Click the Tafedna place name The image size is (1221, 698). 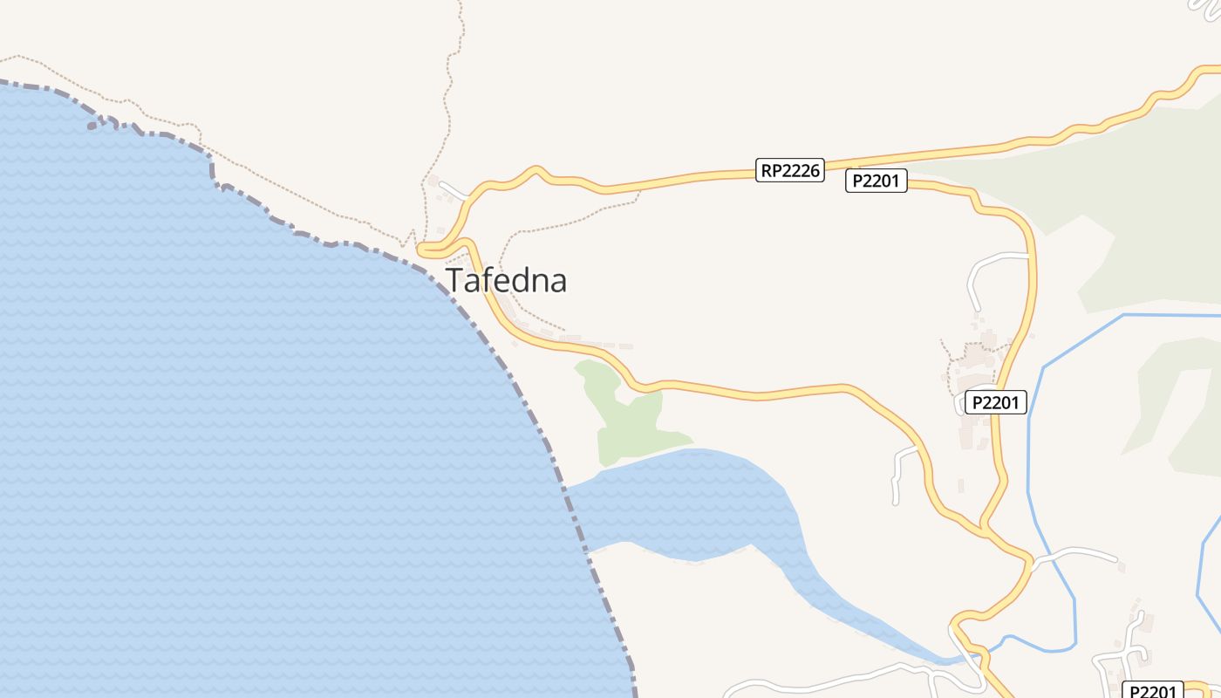pyautogui.click(x=507, y=280)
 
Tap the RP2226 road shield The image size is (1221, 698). pyautogui.click(x=790, y=170)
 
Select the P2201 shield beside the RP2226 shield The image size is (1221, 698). pyautogui.click(x=877, y=181)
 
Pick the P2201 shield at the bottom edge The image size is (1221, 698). pyautogui.click(x=1152, y=690)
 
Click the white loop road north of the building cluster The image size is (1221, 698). pyautogui.click(x=986, y=270)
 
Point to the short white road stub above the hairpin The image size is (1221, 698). pyautogui.click(x=454, y=188)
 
